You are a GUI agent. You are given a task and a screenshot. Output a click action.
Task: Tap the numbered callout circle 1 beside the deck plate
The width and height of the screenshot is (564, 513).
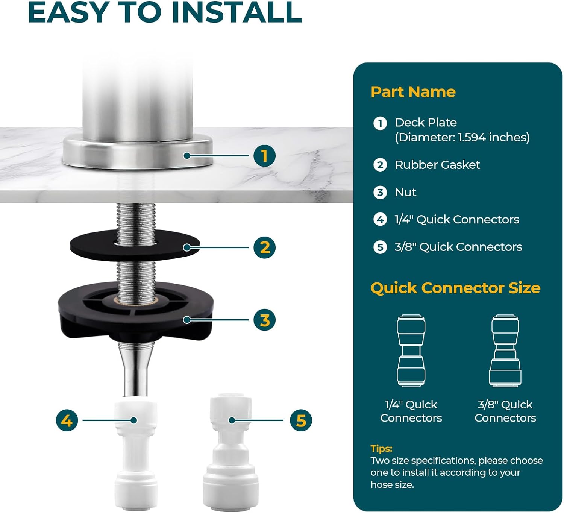tap(264, 156)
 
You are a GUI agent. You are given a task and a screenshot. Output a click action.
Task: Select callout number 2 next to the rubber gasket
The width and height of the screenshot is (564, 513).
tap(264, 247)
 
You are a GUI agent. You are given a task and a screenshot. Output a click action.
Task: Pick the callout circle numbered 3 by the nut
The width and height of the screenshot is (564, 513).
tap(264, 320)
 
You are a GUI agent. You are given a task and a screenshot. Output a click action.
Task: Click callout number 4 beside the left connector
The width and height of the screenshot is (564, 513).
tap(67, 420)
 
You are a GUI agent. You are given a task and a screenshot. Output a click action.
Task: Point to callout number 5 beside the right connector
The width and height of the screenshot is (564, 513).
tap(301, 420)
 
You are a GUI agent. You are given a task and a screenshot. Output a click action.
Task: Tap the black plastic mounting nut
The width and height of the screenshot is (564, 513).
tap(135, 311)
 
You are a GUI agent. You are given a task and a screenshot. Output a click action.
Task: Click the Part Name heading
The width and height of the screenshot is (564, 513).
tap(413, 92)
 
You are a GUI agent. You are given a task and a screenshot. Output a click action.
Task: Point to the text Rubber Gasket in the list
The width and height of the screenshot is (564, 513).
tap(437, 165)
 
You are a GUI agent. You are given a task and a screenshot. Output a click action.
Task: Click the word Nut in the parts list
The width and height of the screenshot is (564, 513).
tap(405, 193)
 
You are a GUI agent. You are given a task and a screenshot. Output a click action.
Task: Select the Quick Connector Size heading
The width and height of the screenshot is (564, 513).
tap(455, 288)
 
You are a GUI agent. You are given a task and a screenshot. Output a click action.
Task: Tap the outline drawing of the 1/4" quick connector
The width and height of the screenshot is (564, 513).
tap(411, 351)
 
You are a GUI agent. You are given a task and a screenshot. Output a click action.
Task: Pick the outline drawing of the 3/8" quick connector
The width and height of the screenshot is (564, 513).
tap(505, 351)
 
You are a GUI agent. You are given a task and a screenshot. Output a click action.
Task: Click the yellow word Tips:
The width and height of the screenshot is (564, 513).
tap(382, 448)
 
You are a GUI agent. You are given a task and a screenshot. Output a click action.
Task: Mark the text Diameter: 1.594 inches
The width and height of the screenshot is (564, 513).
tap(462, 138)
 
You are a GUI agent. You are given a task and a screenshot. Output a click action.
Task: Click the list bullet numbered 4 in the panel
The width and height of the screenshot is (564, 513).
tap(380, 219)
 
